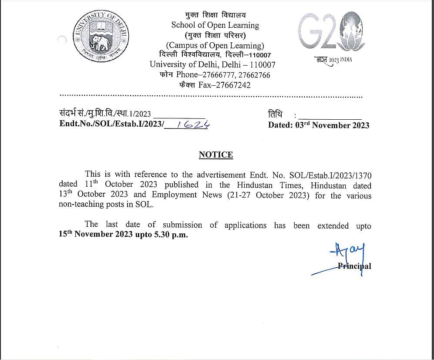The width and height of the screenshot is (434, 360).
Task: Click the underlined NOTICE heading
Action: point(215,155)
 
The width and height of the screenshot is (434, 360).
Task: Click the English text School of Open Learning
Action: point(215,25)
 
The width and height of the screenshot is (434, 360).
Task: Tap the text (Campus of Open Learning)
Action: point(215,45)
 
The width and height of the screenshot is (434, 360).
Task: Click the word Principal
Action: point(354,266)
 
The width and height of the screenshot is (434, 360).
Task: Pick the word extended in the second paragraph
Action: point(333,225)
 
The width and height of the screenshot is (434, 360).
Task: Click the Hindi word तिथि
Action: point(275,114)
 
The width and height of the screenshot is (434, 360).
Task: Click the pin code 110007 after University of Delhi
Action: point(260,65)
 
